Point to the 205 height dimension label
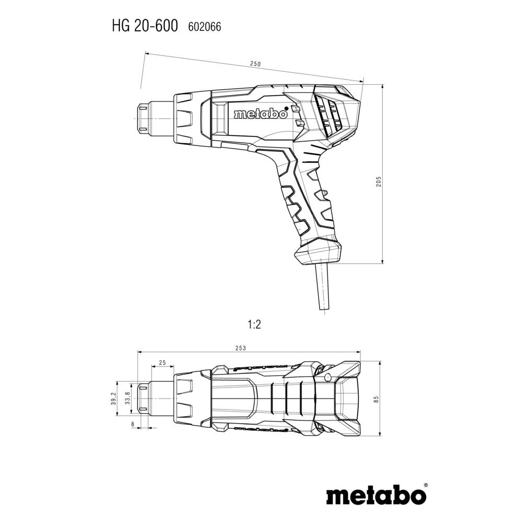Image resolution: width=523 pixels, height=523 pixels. coord(379,181)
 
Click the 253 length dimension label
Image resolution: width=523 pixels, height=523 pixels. coord(241,348)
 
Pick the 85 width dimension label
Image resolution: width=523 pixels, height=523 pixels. coord(377,399)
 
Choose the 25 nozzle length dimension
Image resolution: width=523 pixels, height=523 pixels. coord(162,362)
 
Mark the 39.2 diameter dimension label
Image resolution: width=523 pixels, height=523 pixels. coord(112,399)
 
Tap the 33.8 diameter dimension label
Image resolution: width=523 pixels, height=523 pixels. coord(128,399)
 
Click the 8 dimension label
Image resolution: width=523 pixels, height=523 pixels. coord(133,424)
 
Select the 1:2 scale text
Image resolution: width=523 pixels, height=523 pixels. coord(254,325)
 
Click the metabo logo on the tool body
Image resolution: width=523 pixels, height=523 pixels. coord(260,113)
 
